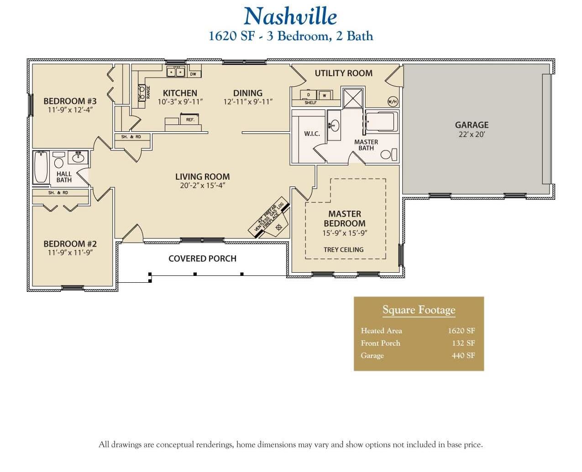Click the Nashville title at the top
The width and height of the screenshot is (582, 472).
pos(290,16)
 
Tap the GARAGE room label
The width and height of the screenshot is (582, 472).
pos(472,125)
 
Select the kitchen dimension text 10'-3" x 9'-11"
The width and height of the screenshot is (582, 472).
pos(180,102)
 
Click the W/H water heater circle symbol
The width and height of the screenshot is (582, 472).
pos(392,101)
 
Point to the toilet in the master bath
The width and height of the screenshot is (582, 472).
pos(387,154)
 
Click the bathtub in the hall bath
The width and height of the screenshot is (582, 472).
pos(41,167)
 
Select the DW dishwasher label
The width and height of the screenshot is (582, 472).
pos(193,73)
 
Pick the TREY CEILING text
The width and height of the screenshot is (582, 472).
pos(343,249)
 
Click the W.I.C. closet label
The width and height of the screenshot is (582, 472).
pos(312,134)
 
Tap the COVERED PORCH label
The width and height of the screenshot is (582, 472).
pos(202,259)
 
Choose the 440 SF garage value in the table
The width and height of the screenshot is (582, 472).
pos(463,355)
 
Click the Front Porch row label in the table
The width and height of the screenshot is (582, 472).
pos(380,343)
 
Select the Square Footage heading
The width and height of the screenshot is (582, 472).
pos(419,310)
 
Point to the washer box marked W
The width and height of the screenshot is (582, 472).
pos(325,95)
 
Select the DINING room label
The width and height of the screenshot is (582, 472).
pos(247,93)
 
